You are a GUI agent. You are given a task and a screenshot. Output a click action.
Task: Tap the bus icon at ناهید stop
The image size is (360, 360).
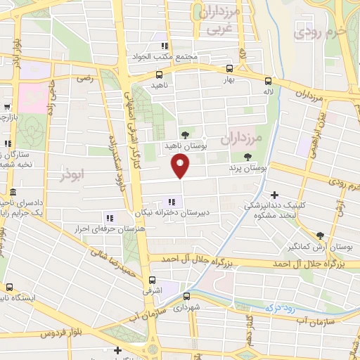[x=160, y=74]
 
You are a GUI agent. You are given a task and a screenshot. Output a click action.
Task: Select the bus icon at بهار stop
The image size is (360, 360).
[x=229, y=69]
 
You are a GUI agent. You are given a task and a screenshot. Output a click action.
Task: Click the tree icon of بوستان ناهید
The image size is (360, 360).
[x=185, y=134]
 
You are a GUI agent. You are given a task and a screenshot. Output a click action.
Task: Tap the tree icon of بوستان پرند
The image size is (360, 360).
[x=247, y=157]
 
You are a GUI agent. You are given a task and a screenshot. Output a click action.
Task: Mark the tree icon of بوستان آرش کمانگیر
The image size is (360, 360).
[x=320, y=236]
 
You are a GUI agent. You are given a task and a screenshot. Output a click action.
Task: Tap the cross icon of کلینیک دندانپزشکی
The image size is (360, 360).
[x=274, y=195]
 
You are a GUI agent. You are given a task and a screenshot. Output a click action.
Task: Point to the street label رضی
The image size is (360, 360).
[x=85, y=80]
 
